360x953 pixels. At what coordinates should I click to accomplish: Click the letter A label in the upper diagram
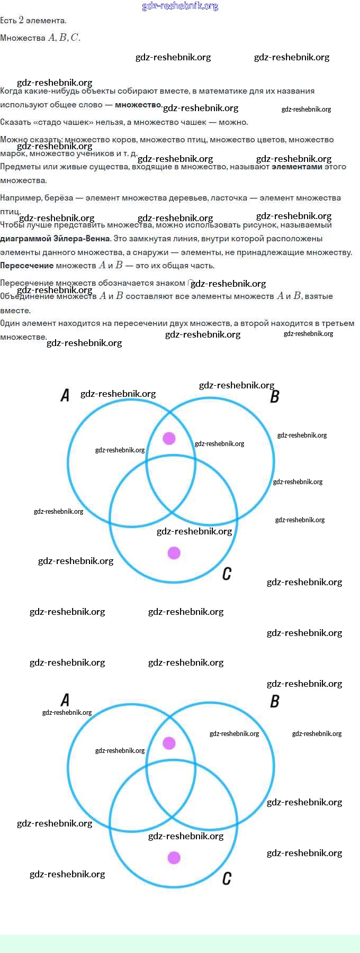[x=65, y=395]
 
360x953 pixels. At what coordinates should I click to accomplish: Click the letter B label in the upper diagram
[x=274, y=396]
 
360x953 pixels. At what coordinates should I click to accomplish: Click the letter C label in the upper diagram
[x=227, y=574]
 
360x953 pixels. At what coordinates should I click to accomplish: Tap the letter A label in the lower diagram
[x=65, y=700]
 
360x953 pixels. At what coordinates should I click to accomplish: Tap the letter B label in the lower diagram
[x=274, y=701]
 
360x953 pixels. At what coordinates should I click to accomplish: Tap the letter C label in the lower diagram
[x=227, y=878]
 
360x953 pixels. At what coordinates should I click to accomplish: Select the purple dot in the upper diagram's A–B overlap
[x=169, y=438]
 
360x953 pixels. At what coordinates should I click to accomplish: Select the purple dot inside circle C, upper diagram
[x=174, y=553]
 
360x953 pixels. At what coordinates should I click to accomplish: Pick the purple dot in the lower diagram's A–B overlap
[x=169, y=743]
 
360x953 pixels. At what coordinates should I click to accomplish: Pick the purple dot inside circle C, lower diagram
[x=174, y=858]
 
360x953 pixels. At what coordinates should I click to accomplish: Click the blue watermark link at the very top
[x=180, y=6]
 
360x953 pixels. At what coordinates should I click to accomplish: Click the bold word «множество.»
[x=138, y=105]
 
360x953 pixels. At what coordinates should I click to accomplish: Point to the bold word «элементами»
[x=296, y=167]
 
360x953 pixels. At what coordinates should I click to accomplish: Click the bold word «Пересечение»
[x=26, y=266]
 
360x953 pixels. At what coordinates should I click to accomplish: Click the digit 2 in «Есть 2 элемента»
[x=21, y=20]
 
